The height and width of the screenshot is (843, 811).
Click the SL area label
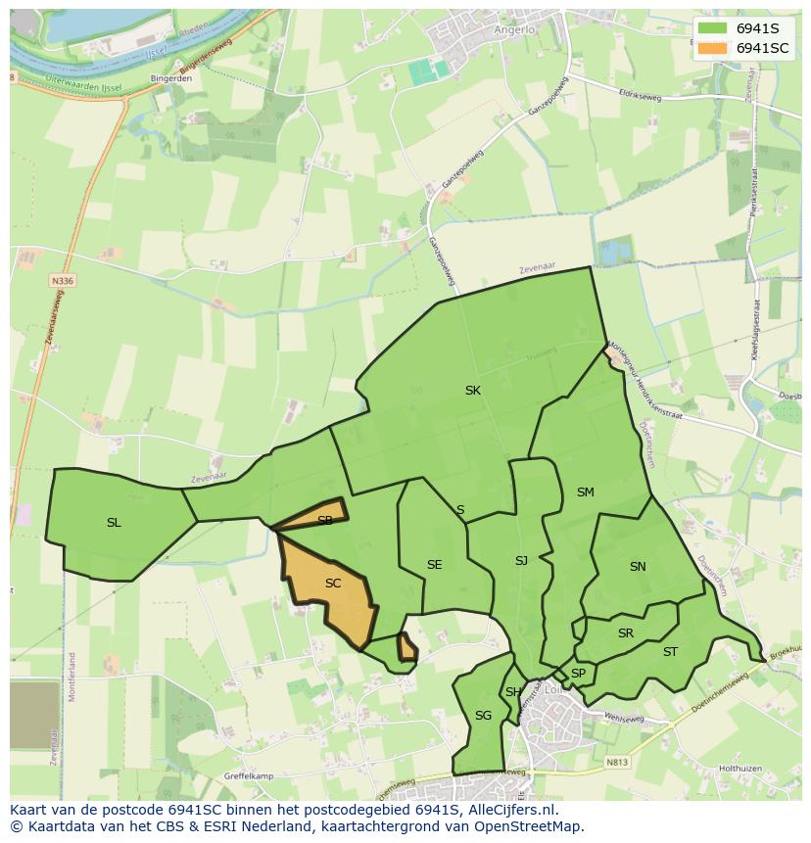coord(114,522)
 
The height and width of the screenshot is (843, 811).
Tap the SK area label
coord(472,390)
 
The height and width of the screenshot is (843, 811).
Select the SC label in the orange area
coord(332,583)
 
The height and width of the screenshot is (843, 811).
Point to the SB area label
coord(324,520)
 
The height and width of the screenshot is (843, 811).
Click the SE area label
coord(434,564)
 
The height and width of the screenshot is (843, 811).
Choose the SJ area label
coord(521,560)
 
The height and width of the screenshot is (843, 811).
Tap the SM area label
coord(585,492)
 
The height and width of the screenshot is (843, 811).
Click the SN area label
coord(638,566)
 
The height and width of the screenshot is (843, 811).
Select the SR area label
coord(625,632)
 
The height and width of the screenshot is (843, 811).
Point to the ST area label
coord(670,651)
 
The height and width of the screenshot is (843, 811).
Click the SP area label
coord(578,673)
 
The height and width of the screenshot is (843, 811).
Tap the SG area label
coord(483,715)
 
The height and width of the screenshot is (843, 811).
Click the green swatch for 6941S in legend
coord(712,28)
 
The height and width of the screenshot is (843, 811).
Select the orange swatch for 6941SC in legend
coord(712,48)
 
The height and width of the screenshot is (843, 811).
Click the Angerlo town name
coord(515,29)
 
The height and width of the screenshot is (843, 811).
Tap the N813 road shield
coord(616,761)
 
